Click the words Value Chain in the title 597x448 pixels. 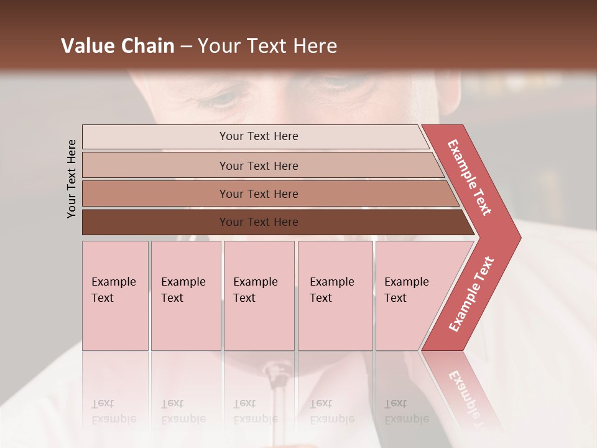pyautogui.click(x=118, y=46)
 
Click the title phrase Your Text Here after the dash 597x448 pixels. pyautogui.click(x=267, y=46)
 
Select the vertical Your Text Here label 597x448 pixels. pyautogui.click(x=72, y=179)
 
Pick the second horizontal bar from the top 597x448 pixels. pyautogui.click(x=259, y=166)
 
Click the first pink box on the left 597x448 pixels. pyautogui.click(x=115, y=296)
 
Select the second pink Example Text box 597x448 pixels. pyautogui.click(x=186, y=296)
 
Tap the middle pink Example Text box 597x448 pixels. pyautogui.click(x=259, y=296)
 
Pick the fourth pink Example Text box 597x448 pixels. pyautogui.click(x=335, y=296)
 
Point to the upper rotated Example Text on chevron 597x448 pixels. pyautogui.click(x=470, y=177)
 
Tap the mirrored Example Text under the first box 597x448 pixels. pyautogui.click(x=113, y=411)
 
